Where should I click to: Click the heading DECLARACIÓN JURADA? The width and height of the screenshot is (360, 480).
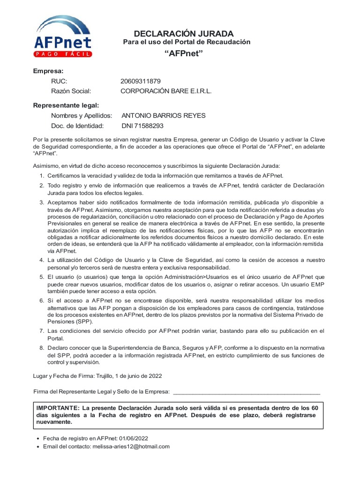click(x=183, y=33)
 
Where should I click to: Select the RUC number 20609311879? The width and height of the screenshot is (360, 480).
click(x=140, y=81)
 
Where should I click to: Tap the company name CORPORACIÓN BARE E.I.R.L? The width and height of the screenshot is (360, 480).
click(x=166, y=91)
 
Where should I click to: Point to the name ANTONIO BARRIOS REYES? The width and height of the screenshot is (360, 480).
click(x=163, y=115)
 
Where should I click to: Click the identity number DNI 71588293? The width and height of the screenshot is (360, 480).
click(x=142, y=126)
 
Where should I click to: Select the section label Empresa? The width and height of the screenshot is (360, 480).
click(x=48, y=71)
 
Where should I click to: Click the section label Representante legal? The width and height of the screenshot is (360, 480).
click(x=66, y=105)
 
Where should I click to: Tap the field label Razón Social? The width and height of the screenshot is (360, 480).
click(x=71, y=91)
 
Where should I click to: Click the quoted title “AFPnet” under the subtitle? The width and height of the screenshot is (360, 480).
click(x=184, y=53)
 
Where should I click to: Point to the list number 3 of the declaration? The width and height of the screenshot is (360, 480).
click(x=41, y=202)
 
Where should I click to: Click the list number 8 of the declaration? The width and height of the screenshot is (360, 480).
click(x=41, y=348)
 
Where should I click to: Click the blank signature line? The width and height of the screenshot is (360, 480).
click(x=247, y=392)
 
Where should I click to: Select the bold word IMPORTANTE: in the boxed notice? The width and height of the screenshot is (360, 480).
click(x=58, y=407)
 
